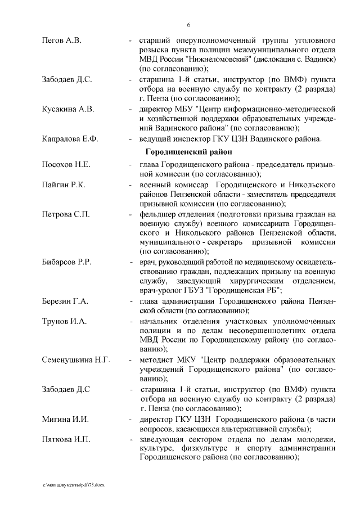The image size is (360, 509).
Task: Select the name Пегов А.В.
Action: click(x=62, y=41)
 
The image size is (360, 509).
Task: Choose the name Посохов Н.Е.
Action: click(x=66, y=165)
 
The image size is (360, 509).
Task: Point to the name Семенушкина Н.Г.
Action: click(x=76, y=359)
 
